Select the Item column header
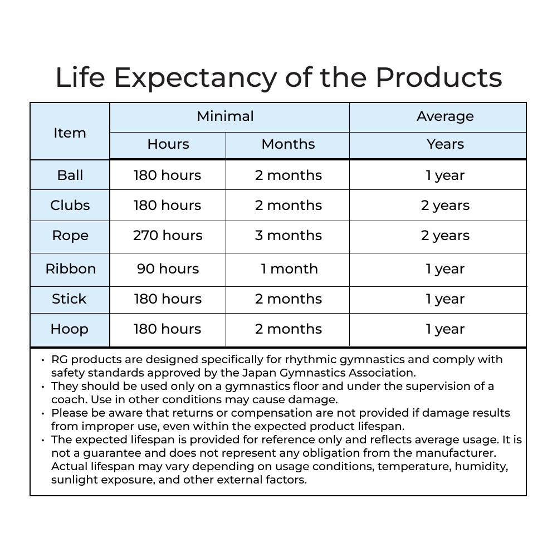tap(70, 133)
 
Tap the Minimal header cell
tap(225, 116)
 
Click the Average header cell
tap(445, 116)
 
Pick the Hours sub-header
tap(168, 144)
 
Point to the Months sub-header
tap(288, 144)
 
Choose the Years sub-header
tap(445, 144)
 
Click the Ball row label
tap(70, 175)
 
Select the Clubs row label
tap(70, 206)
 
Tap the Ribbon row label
tap(71, 269)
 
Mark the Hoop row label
tap(70, 329)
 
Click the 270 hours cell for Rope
tap(168, 236)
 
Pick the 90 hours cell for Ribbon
tap(168, 269)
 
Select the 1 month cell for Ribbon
tap(289, 269)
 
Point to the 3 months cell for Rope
tap(288, 236)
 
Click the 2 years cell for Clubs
tap(445, 206)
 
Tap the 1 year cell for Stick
tap(445, 299)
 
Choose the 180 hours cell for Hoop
tap(168, 329)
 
